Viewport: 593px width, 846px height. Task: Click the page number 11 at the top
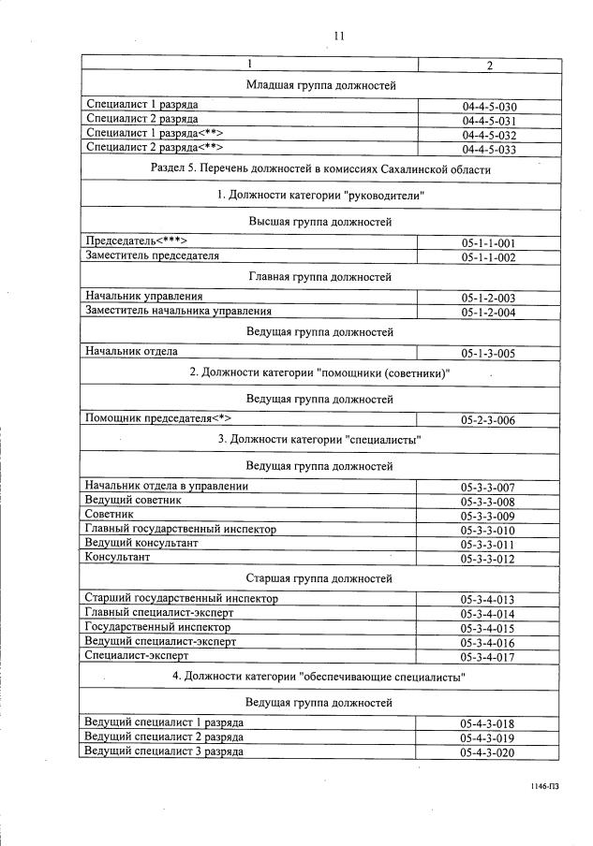[x=339, y=36]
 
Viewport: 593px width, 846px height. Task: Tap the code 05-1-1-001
[x=488, y=243]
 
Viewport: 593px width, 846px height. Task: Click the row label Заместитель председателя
[x=152, y=255]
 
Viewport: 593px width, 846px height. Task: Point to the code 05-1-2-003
[x=488, y=299]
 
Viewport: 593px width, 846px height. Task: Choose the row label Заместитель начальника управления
[x=178, y=311]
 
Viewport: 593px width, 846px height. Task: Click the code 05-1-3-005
[x=488, y=354]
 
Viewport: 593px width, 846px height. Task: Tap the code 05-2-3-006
[x=488, y=421]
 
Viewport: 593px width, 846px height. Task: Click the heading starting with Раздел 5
[x=319, y=169]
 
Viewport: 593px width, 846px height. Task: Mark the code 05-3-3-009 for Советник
[x=488, y=516]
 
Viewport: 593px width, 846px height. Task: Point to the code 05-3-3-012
[x=488, y=559]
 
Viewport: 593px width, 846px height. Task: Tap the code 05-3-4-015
[x=488, y=629]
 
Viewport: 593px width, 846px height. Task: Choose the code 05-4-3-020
[x=488, y=752]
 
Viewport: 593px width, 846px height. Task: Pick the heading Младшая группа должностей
[x=319, y=85]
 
